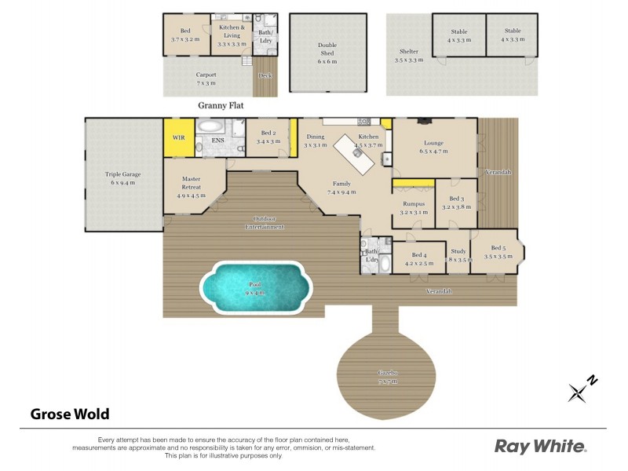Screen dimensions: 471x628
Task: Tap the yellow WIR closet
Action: pos(179,137)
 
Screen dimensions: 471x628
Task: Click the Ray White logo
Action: pos(540,446)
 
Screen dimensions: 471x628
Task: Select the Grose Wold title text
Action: pos(69,414)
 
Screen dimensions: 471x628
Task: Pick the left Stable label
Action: pos(458,35)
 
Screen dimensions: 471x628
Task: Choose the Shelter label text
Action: pos(408,55)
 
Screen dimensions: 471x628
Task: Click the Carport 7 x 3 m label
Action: pos(206,78)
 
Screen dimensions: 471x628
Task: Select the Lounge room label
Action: pos(433,147)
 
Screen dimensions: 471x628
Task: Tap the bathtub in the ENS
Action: pos(210,126)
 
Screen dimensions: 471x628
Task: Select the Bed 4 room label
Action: pos(418,258)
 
